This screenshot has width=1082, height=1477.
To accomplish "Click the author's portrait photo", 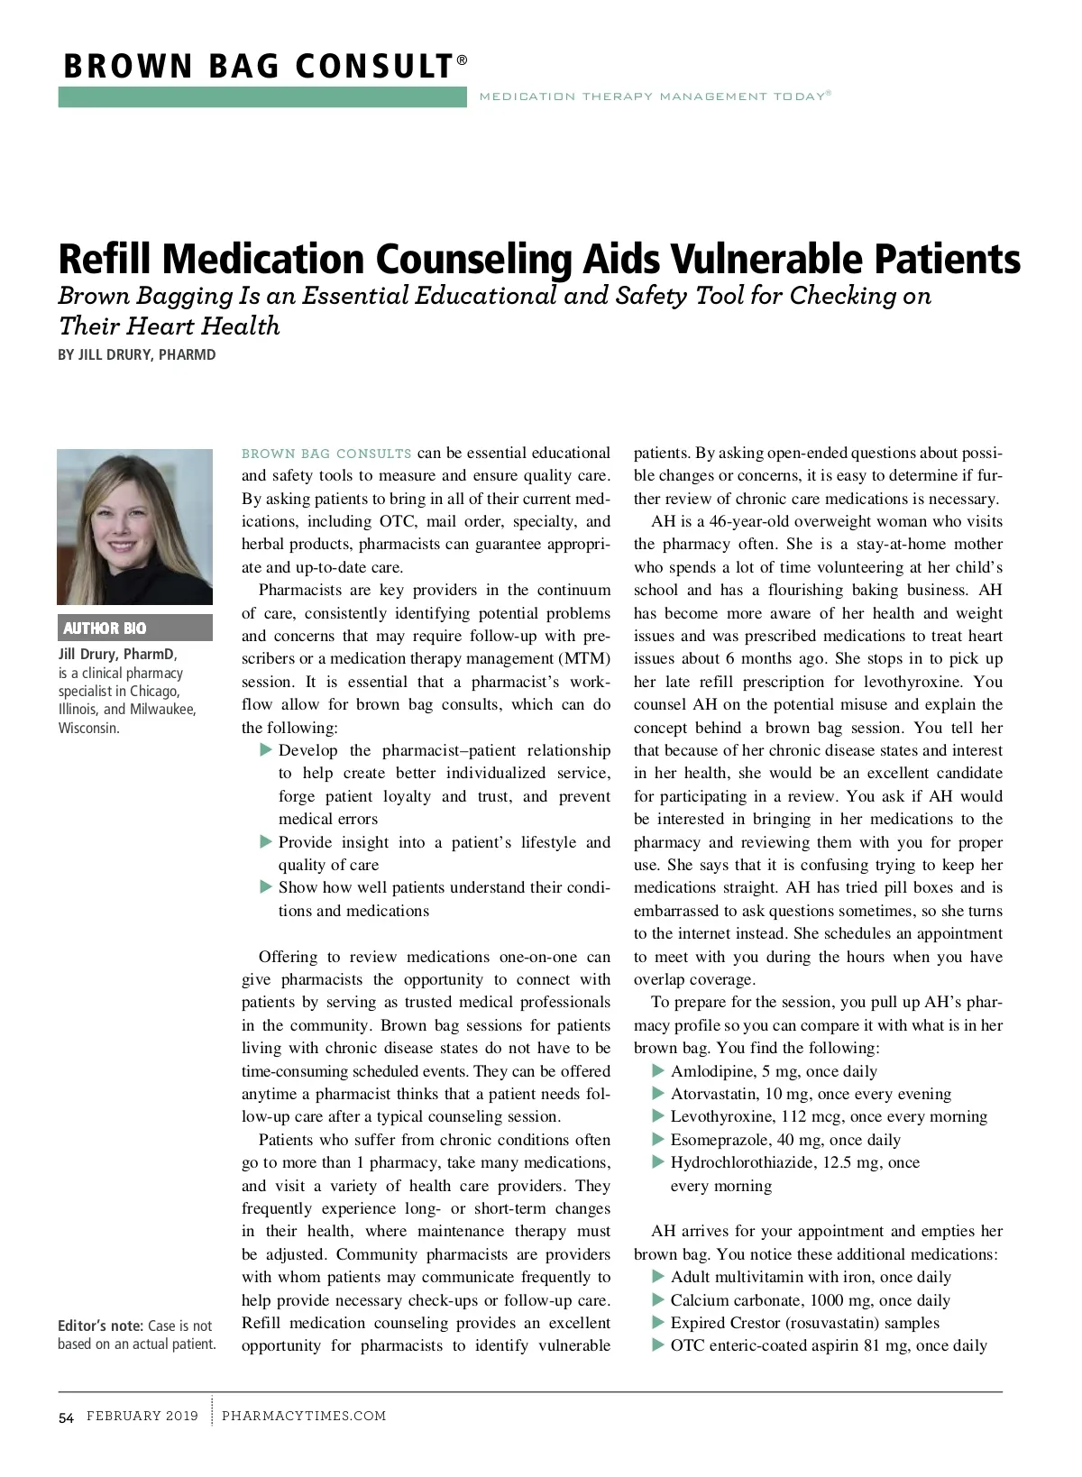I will [135, 527].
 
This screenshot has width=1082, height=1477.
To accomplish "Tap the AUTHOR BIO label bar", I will [135, 628].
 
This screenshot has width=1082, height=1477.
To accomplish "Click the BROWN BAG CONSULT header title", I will [259, 67].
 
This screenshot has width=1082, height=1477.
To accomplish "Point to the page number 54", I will [66, 1417].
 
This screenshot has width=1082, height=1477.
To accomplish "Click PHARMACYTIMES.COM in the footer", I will [304, 1416].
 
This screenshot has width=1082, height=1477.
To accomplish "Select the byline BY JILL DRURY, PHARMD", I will [137, 354].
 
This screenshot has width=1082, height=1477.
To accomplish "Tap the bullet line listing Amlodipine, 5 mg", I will [774, 1071].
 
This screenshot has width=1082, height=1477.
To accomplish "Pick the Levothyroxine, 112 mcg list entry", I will [829, 1116].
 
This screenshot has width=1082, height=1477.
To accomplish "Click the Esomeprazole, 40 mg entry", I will [785, 1140].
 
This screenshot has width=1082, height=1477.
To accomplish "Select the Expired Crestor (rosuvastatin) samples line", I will [804, 1323].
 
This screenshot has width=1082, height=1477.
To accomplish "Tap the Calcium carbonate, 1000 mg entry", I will [810, 1300].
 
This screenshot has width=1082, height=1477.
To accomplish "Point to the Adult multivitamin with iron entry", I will [811, 1277].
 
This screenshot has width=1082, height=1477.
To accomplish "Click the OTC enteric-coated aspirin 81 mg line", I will [828, 1345].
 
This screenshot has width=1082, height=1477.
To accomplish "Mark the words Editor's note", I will [100, 1326].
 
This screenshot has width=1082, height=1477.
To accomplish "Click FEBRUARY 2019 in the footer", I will [142, 1416].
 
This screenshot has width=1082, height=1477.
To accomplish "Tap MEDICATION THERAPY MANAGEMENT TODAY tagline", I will [653, 96].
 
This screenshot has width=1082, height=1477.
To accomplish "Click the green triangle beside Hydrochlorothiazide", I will [658, 1161].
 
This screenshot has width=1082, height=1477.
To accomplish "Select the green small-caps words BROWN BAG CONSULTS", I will [326, 454].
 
